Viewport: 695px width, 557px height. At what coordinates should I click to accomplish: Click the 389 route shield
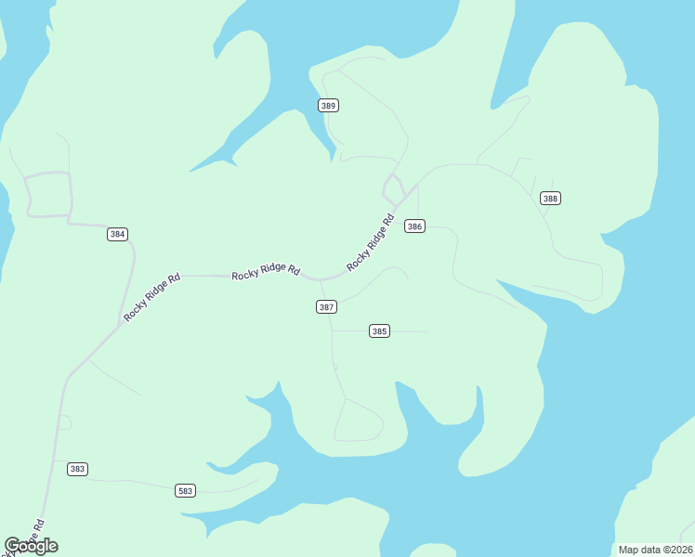(328, 105)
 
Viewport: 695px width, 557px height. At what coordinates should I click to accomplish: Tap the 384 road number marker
(117, 234)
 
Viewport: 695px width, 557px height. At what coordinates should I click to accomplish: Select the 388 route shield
(551, 198)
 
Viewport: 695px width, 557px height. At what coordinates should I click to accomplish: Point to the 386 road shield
(415, 227)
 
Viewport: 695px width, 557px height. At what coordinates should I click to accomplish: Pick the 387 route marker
(326, 306)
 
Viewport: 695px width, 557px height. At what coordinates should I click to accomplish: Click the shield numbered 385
(379, 330)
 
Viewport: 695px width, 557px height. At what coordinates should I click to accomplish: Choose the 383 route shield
(78, 469)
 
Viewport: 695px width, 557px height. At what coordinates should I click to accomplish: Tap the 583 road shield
(186, 490)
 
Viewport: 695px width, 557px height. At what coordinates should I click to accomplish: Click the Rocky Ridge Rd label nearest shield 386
(371, 243)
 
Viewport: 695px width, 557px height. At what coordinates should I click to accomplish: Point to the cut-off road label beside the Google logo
(26, 537)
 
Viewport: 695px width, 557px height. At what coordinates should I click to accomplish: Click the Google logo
(32, 546)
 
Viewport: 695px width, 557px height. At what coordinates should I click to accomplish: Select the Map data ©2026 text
(654, 550)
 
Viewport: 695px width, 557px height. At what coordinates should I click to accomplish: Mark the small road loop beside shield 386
(393, 188)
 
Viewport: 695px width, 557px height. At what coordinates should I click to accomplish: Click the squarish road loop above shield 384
(48, 194)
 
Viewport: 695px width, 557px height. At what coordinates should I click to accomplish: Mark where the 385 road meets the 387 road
(333, 330)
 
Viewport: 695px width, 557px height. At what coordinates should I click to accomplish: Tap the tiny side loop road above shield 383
(65, 422)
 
